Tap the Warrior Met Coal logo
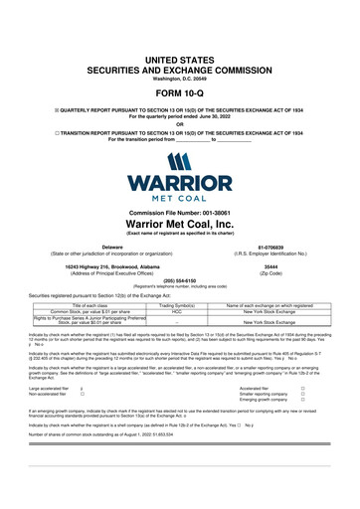pyautogui.click(x=180, y=182)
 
